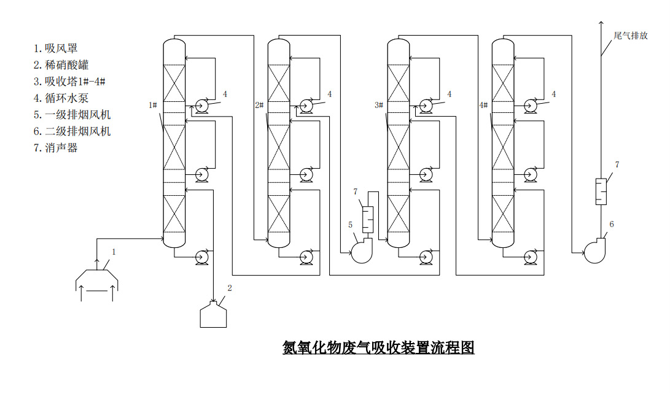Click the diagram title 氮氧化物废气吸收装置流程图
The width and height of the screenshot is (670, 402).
click(378, 347)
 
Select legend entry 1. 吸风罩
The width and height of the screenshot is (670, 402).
click(56, 48)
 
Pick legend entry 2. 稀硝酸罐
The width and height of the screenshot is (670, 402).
click(61, 64)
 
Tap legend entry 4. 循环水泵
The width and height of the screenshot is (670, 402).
click(61, 98)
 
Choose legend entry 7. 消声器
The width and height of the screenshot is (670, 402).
click(56, 148)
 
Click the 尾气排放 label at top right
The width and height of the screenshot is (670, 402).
click(630, 36)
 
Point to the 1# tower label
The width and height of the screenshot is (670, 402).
click(154, 106)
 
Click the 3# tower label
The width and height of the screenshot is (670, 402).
click(379, 106)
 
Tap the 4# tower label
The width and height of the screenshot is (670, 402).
click(483, 106)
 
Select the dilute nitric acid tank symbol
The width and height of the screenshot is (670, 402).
click(213, 314)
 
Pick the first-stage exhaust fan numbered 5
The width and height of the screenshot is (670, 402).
click(361, 250)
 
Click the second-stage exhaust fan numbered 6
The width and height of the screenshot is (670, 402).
click(594, 251)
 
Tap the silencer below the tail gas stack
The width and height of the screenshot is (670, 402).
click(601, 191)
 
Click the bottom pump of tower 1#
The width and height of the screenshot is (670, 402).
click(201, 257)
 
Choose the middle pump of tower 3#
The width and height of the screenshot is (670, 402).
click(425, 176)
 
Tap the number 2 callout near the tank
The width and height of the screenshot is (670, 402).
click(230, 287)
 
